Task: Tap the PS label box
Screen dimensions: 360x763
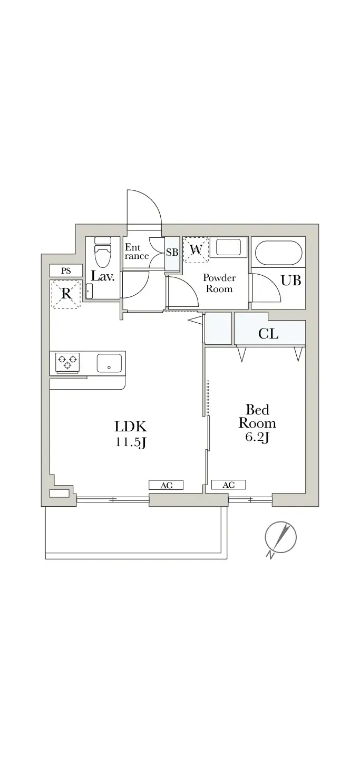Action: (x=66, y=271)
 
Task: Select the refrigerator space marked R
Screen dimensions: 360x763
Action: (x=66, y=294)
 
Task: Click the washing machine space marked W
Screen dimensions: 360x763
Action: (x=196, y=250)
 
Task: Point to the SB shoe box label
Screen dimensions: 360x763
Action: (x=172, y=253)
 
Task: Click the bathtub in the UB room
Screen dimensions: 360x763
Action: (x=278, y=253)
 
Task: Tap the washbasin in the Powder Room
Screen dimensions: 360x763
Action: (x=228, y=247)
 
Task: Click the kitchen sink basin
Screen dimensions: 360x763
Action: (x=109, y=363)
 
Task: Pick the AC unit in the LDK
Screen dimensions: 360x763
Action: (x=166, y=485)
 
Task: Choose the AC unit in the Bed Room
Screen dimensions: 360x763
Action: (x=229, y=485)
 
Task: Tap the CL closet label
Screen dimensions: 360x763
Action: (x=268, y=334)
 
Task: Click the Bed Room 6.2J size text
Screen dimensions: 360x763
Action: (x=257, y=423)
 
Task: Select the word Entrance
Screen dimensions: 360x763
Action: (x=137, y=252)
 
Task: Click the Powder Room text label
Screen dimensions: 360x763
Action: (x=219, y=283)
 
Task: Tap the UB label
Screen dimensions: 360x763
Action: (x=291, y=281)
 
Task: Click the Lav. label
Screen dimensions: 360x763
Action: (x=102, y=276)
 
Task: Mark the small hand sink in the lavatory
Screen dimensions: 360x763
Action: (x=89, y=291)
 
